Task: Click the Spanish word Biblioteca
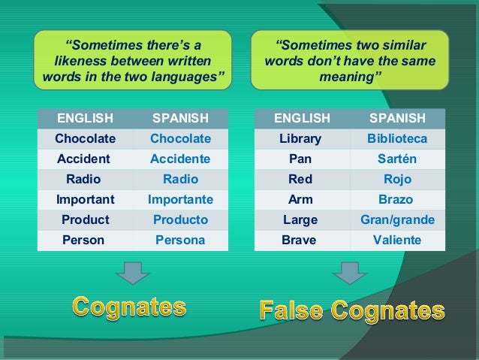point(397,139)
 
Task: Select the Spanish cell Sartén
point(397,159)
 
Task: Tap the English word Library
point(300,139)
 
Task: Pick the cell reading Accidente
point(180,159)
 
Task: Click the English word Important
point(85,200)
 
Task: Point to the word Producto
point(180,220)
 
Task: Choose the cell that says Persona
point(180,241)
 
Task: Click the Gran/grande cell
point(397,220)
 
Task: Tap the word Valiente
point(397,241)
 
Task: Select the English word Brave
point(299,241)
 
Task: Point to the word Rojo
point(397,180)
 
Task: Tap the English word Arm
point(300,200)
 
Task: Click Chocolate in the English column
point(85,139)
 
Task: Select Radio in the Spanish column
point(180,180)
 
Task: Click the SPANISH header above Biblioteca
point(397,119)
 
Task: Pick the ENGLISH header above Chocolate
point(85,119)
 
